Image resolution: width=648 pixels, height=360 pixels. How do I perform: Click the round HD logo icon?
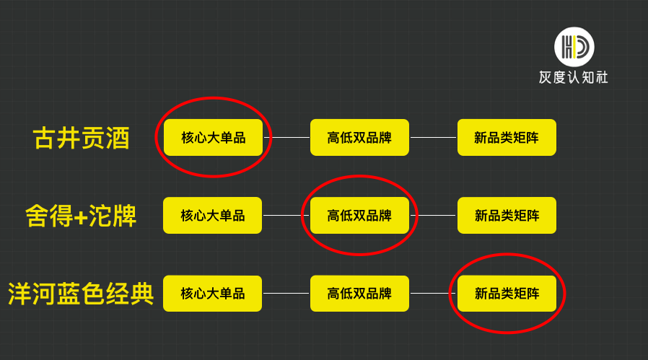point(574,47)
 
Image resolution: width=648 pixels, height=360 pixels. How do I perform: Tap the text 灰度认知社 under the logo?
point(574,77)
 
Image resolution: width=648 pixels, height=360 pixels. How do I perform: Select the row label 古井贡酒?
point(82,138)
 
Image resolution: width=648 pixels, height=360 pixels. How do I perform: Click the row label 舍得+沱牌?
point(81,216)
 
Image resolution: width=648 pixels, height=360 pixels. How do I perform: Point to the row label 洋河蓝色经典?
point(81,294)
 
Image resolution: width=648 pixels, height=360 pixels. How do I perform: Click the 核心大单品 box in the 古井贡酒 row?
point(213,137)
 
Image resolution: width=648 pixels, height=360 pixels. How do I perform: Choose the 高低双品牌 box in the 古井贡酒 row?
point(359,137)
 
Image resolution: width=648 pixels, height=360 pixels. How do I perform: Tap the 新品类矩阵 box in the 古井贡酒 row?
point(507,137)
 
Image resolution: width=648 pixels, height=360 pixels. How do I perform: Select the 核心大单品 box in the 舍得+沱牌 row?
point(213,215)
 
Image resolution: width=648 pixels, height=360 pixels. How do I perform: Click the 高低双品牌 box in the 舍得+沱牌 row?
point(359,215)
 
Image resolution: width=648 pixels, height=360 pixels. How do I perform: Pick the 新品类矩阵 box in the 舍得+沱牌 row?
point(507,215)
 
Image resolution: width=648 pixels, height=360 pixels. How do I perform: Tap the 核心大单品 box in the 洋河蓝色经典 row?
point(213,294)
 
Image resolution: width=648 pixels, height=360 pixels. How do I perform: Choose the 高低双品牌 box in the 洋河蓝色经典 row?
point(359,294)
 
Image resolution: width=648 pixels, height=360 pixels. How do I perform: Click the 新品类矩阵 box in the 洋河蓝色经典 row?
point(507,294)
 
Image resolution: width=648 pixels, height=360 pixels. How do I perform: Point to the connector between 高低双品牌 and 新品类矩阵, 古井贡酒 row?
point(433,137)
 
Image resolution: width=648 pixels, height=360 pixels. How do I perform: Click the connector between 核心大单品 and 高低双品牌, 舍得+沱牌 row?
point(286,215)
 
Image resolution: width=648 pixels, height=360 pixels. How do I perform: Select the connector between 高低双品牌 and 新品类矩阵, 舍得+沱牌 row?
point(433,215)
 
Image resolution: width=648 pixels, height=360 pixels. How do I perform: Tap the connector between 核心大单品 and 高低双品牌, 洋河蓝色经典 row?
point(286,294)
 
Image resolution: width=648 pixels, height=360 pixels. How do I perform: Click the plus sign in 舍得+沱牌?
point(81,216)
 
